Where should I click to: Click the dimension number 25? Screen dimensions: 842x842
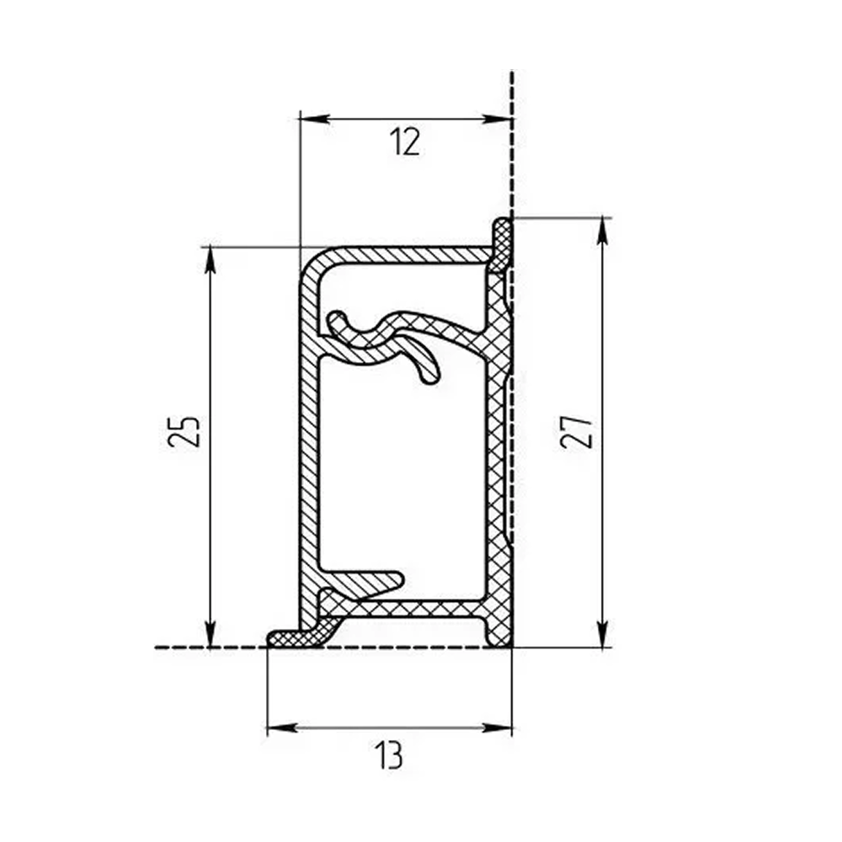pos(184,430)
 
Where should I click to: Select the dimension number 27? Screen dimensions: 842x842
pos(577,431)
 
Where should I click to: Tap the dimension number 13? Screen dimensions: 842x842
pos(389,755)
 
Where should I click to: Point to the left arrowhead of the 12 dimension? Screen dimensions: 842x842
pos(313,119)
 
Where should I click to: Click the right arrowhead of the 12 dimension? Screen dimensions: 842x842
pos(497,119)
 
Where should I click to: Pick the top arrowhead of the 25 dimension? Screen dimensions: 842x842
pos(210,261)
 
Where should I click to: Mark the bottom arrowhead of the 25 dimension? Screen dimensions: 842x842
pos(210,633)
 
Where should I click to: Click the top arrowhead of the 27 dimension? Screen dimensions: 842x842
pos(603,232)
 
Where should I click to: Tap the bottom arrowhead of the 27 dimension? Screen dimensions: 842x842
pos(603,633)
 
